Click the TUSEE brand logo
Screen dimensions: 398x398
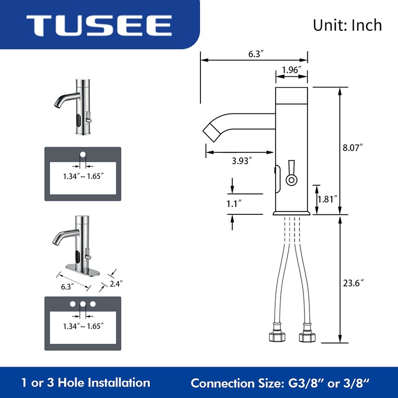pyautogui.click(x=99, y=24)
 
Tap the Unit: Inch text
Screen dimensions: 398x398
pyautogui.click(x=347, y=25)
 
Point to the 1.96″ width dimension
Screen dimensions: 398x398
pyautogui.click(x=291, y=70)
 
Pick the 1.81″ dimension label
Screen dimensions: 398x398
pyautogui.click(x=327, y=199)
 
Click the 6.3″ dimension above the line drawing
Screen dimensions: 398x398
pyautogui.click(x=255, y=54)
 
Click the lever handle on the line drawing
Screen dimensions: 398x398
pyautogui.click(x=291, y=173)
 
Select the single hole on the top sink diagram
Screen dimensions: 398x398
pyautogui.click(x=83, y=153)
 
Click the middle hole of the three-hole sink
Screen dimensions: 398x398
pyautogui.click(x=83, y=303)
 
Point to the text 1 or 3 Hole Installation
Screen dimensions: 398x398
pyautogui.click(x=86, y=383)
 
